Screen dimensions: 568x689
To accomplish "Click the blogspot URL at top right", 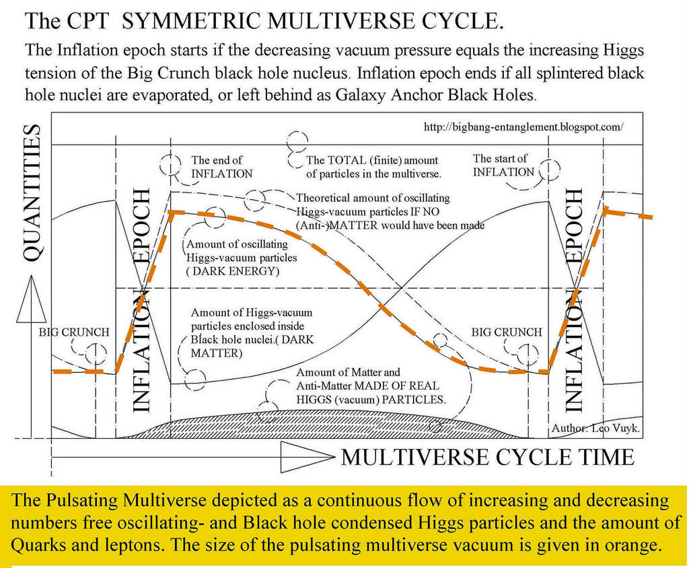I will [x=523, y=126].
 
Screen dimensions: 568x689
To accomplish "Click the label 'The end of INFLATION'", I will [x=221, y=167].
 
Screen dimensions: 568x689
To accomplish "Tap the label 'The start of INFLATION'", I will [x=503, y=165].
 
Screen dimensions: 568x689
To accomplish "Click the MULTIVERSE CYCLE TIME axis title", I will [x=488, y=457].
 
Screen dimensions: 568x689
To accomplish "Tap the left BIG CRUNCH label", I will [x=73, y=332].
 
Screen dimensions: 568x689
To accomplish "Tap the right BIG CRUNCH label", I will [x=506, y=332].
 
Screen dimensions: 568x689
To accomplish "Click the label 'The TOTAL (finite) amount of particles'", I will [x=373, y=167].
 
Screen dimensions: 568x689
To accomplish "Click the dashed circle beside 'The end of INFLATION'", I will [x=172, y=164].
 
